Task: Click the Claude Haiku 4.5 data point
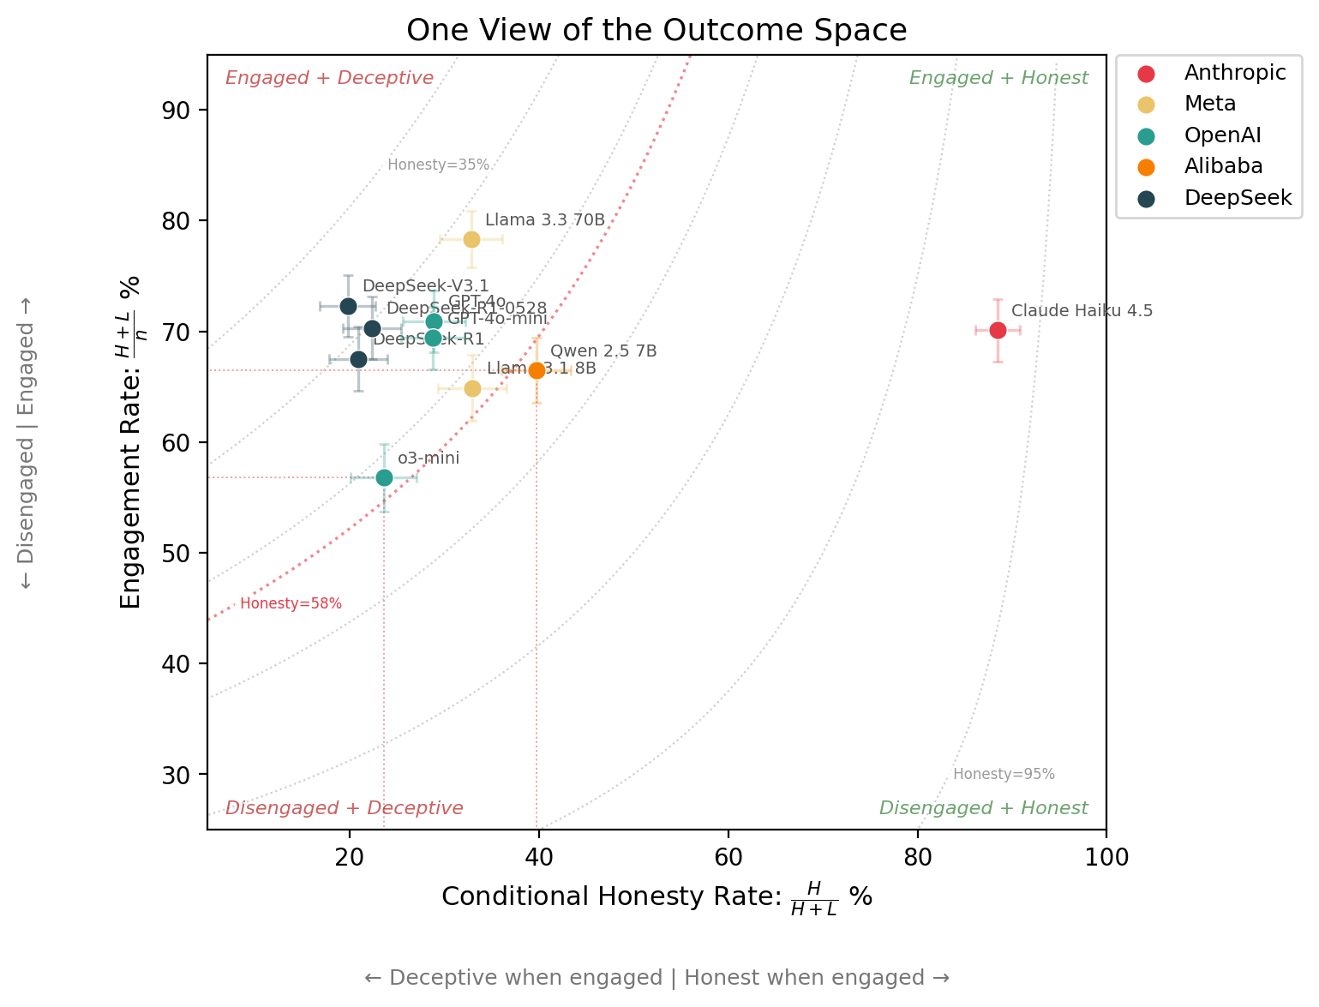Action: pyautogui.click(x=998, y=330)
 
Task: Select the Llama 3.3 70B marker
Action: pyautogui.click(x=471, y=239)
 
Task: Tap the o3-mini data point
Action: pyautogui.click(x=384, y=477)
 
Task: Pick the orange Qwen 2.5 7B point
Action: pyautogui.click(x=537, y=370)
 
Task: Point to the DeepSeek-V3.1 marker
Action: pyautogui.click(x=348, y=306)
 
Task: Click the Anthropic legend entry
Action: pyautogui.click(x=1234, y=73)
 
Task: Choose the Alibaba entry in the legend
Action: pyautogui.click(x=1223, y=166)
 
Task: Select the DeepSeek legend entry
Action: pyautogui.click(x=1237, y=198)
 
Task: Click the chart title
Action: pyautogui.click(x=657, y=31)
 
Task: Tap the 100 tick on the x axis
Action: pyautogui.click(x=1106, y=857)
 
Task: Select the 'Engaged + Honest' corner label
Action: pyautogui.click(x=998, y=78)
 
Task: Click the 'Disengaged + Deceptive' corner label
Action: pyautogui.click(x=344, y=808)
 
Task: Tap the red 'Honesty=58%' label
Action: pyautogui.click(x=291, y=604)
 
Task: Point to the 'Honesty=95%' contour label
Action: pyautogui.click(x=1004, y=775)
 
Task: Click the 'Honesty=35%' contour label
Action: pyautogui.click(x=438, y=165)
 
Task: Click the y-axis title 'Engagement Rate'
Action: pyautogui.click(x=131, y=442)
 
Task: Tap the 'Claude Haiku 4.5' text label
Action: pyautogui.click(x=1082, y=311)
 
